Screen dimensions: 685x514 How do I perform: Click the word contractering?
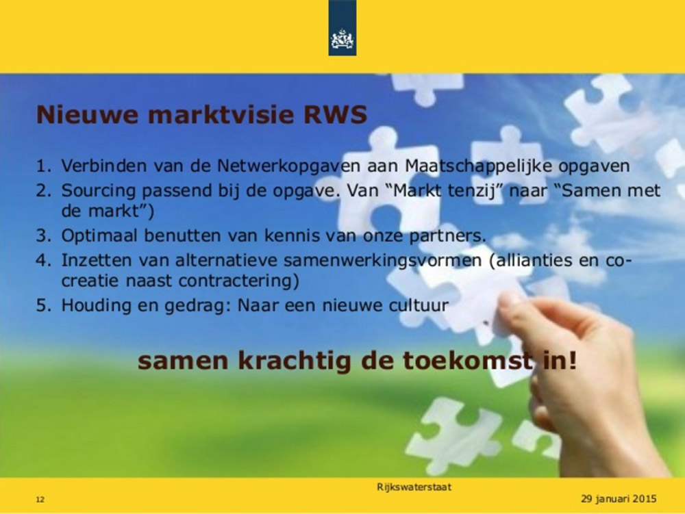tap(236, 281)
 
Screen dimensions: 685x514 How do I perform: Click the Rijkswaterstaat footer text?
tap(414, 487)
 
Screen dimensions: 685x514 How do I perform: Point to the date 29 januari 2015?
tap(619, 499)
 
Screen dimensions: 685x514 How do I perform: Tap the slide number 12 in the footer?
tap(40, 500)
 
